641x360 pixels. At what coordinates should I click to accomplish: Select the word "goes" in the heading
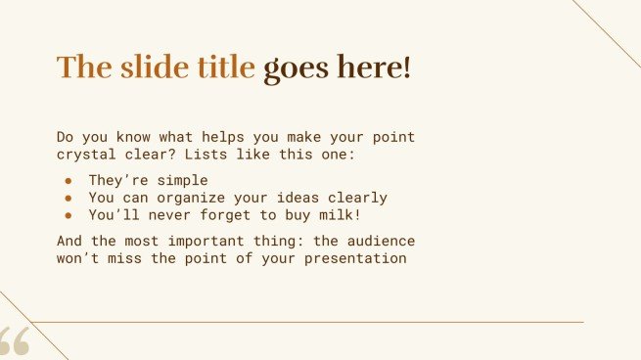297,68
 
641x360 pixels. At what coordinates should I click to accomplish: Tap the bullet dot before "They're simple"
69,181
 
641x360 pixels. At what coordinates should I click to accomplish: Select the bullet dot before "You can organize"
69,198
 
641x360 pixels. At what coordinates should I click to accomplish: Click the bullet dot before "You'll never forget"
69,215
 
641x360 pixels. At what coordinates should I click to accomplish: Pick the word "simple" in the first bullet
183,181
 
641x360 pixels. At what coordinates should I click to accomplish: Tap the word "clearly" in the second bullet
355,198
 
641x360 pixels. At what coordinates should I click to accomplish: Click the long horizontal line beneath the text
313,322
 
